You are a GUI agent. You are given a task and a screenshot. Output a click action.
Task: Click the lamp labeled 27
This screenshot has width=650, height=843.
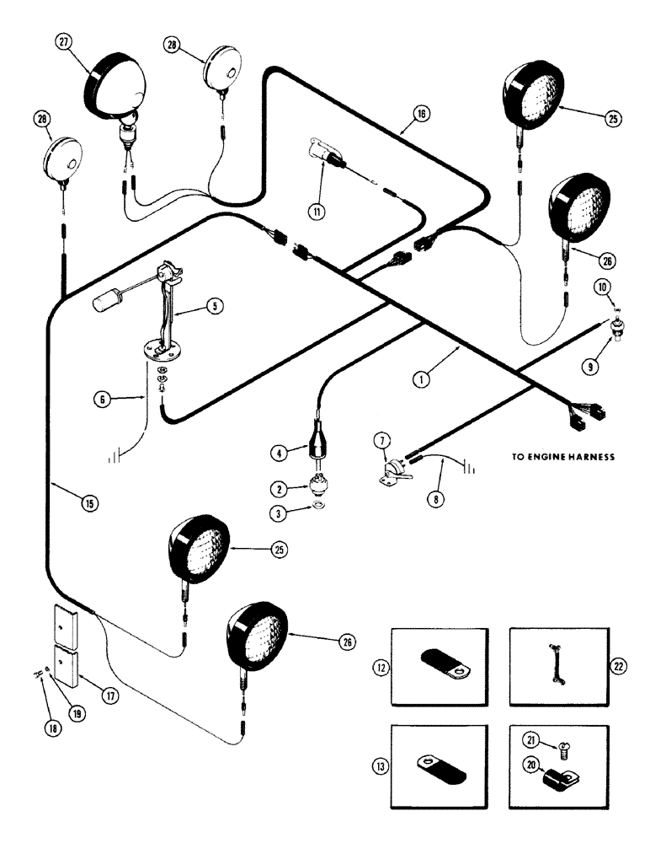coord(114,84)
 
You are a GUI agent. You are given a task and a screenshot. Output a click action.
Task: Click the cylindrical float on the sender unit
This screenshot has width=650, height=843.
coord(106,298)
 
